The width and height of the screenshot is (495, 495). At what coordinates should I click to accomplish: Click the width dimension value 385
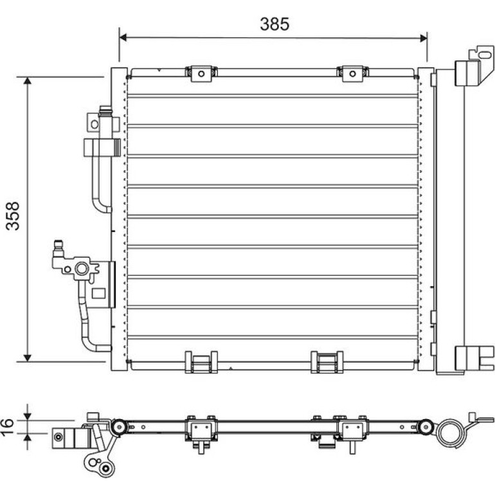pyautogui.click(x=274, y=24)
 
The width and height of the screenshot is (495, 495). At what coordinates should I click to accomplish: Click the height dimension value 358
pyautogui.click(x=13, y=216)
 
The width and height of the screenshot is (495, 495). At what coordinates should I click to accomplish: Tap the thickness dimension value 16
pyautogui.click(x=8, y=427)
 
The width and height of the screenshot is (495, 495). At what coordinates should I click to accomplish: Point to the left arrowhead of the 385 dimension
pyautogui.click(x=123, y=37)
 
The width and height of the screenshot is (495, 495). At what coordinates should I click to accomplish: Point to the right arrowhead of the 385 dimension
pyautogui.click(x=424, y=38)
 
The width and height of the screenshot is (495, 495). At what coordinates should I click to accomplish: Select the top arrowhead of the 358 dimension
pyautogui.click(x=28, y=80)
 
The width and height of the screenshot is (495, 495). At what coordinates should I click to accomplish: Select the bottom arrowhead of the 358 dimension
pyautogui.click(x=28, y=357)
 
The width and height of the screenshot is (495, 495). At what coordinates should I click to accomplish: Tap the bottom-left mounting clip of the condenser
pyautogui.click(x=201, y=362)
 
